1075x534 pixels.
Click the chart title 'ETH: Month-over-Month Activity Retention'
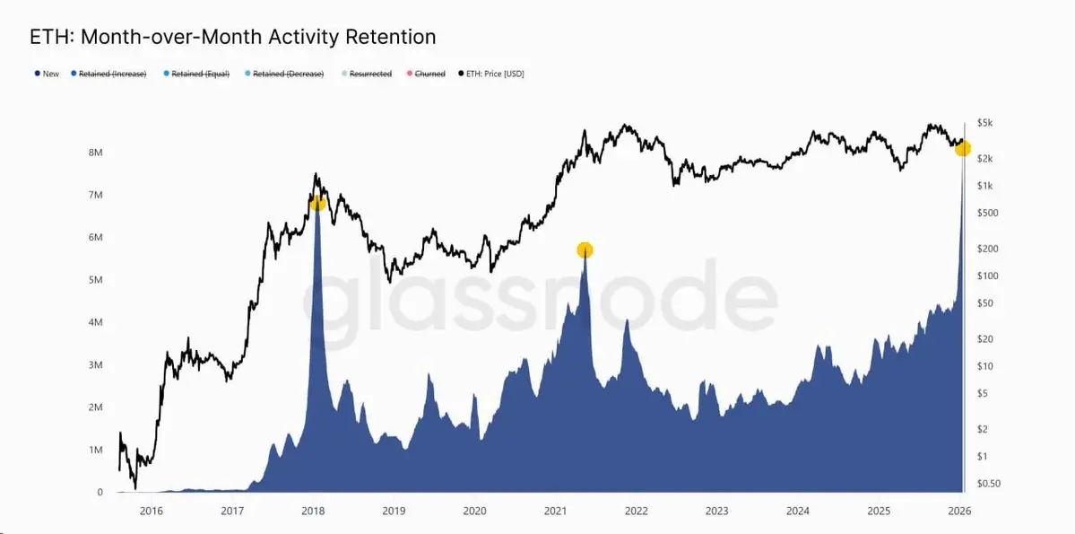(233, 37)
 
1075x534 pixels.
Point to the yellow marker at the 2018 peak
(317, 204)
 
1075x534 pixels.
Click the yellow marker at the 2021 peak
(585, 250)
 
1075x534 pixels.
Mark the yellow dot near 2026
(962, 148)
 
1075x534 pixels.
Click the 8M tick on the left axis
(94, 153)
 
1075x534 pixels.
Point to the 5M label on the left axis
(94, 280)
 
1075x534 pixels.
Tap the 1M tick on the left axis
(94, 450)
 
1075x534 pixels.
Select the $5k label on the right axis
(985, 122)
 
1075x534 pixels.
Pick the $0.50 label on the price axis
(988, 484)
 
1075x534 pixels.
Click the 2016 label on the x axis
(152, 512)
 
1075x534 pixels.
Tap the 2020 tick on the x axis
(474, 512)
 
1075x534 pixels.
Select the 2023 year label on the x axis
(716, 512)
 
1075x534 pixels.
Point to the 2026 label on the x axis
(959, 512)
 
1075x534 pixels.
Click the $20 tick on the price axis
(985, 338)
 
